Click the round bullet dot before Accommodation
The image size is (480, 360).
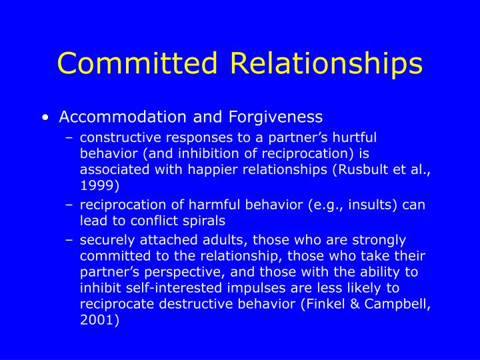(x=45, y=118)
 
